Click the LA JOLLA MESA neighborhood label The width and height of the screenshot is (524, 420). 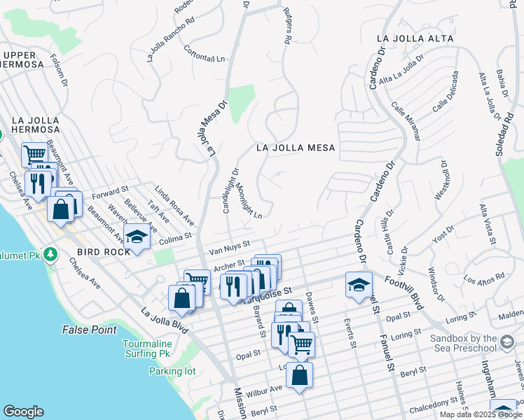295,148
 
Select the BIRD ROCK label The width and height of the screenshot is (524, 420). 104,251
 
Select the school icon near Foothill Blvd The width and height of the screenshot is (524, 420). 359,285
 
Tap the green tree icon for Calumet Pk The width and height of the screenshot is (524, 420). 50,253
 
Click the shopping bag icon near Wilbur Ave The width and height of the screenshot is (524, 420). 299,376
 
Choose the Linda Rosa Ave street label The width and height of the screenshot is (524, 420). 174,206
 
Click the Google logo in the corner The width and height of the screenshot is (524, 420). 23,412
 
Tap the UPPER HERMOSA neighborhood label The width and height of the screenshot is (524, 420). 28,60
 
